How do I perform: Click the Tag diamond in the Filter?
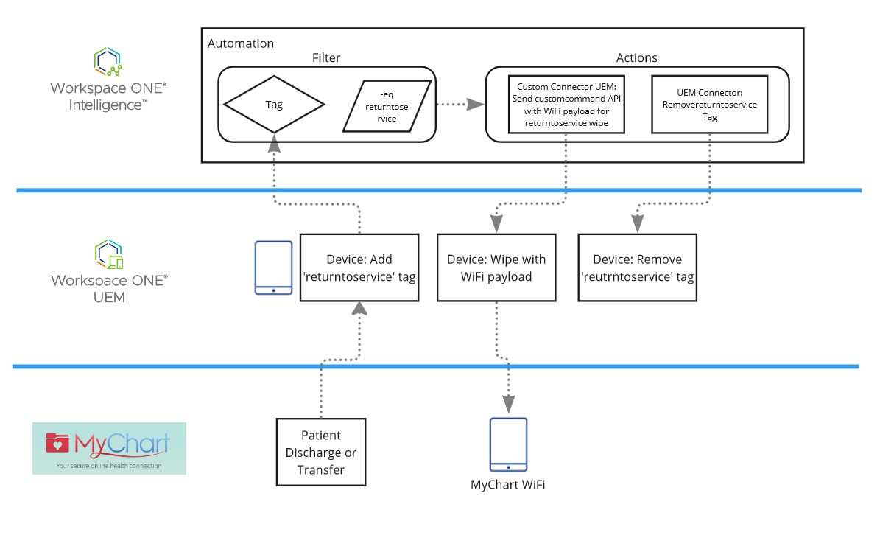pyautogui.click(x=274, y=105)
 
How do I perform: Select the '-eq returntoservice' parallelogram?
pyautogui.click(x=387, y=105)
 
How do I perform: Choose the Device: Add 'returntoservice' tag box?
pyautogui.click(x=359, y=268)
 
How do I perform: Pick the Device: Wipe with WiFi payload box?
pyautogui.click(x=496, y=268)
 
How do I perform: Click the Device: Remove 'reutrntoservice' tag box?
pyautogui.click(x=637, y=268)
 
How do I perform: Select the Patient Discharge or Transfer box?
pyautogui.click(x=321, y=452)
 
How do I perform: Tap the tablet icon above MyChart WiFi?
pyautogui.click(x=509, y=444)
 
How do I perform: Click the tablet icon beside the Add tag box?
pyautogui.click(x=273, y=268)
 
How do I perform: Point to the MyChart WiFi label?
pyautogui.click(x=508, y=484)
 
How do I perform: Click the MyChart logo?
pyautogui.click(x=109, y=448)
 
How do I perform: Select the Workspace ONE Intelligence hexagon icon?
pyautogui.click(x=108, y=63)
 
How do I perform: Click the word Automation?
pyautogui.click(x=241, y=43)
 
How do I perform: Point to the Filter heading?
pyautogui.click(x=326, y=57)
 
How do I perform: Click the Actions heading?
pyautogui.click(x=636, y=57)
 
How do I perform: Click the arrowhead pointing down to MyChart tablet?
pyautogui.click(x=509, y=403)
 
